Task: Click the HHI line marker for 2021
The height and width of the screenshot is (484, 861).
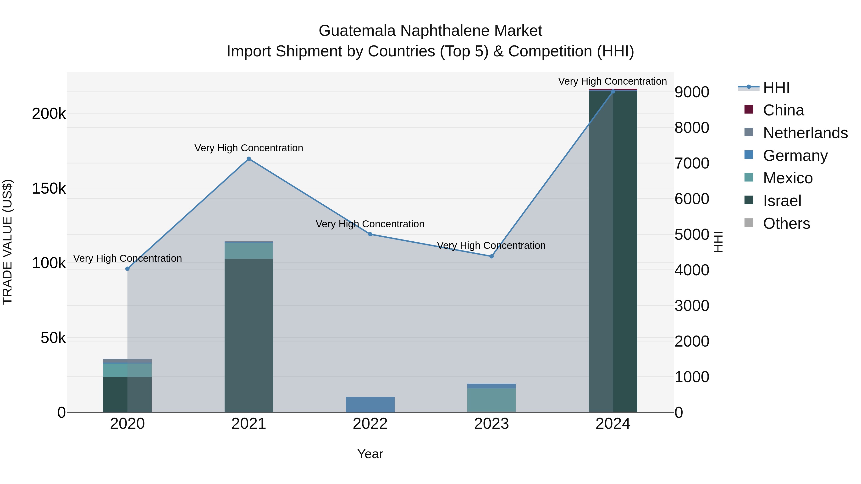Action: pos(249,159)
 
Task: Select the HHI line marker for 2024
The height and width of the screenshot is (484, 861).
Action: pos(613,92)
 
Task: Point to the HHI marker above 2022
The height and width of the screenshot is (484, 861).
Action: pos(370,234)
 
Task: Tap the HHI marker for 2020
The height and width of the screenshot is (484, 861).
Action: pos(127,269)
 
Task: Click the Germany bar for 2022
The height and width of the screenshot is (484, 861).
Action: pos(370,404)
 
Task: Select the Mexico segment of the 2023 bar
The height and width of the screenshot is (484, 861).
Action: pos(491,400)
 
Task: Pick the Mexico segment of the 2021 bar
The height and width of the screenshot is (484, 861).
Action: pos(249,250)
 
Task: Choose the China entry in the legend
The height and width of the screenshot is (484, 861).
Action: pos(783,110)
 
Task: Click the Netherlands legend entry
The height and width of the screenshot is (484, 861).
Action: pos(805,133)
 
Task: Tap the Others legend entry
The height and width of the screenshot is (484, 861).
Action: pos(786,223)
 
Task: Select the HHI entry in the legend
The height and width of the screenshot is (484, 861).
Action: pos(776,87)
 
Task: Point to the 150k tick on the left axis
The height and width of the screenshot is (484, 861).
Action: pos(49,188)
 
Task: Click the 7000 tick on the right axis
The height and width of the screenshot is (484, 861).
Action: pos(691,163)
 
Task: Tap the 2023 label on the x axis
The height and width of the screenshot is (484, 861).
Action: pos(491,424)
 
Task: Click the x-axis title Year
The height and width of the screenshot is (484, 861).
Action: pos(370,454)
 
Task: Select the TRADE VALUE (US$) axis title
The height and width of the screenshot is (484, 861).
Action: pos(7,242)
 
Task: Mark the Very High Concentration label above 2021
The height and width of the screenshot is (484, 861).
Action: pos(249,148)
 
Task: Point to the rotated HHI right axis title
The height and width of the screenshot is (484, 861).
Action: pos(718,242)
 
